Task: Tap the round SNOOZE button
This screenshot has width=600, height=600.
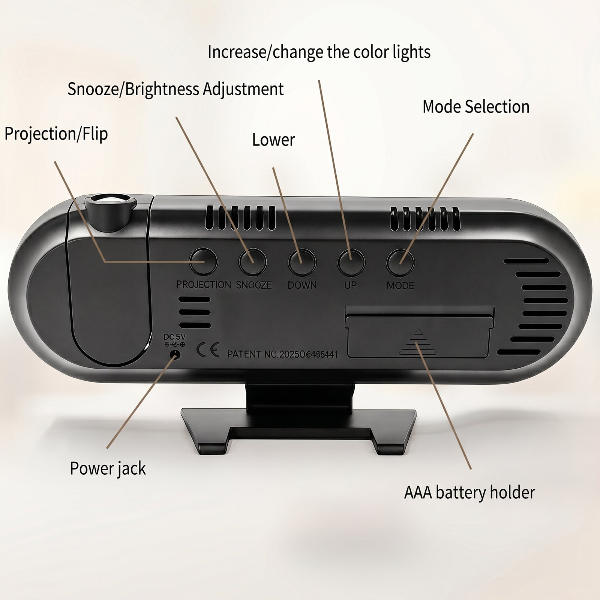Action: click(x=253, y=262)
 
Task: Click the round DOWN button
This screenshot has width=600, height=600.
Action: click(x=302, y=262)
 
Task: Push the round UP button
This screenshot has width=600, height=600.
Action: click(x=351, y=262)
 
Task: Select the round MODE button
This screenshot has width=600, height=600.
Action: click(x=400, y=262)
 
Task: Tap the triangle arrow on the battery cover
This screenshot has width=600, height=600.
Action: click(x=418, y=342)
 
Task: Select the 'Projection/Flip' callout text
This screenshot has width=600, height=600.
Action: click(x=56, y=134)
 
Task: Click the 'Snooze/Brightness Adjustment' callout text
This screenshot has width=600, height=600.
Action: click(x=175, y=89)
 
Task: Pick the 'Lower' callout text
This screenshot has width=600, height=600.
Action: click(x=273, y=140)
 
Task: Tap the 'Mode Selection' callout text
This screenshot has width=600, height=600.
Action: click(x=476, y=107)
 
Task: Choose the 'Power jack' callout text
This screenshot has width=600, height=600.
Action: click(x=108, y=469)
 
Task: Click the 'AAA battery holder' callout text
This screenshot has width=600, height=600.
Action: click(x=469, y=492)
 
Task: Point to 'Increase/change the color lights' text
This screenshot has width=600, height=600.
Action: click(x=319, y=52)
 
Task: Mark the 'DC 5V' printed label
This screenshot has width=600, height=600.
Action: click(x=174, y=337)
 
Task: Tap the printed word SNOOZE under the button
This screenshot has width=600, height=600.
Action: click(x=254, y=285)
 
